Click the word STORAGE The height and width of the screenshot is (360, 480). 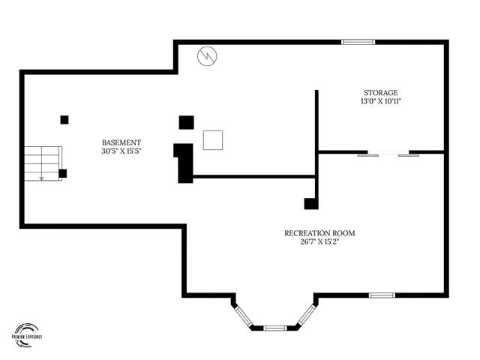point(381,92)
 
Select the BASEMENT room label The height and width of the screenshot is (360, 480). point(121,142)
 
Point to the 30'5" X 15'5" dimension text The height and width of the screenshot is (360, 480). point(121,151)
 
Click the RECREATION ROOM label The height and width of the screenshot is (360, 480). point(319,232)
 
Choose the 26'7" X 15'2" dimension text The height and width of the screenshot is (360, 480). point(319,241)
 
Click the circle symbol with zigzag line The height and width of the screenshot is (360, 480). point(207,55)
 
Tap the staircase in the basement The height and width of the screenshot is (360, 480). point(42,163)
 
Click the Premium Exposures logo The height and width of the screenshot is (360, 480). point(27,331)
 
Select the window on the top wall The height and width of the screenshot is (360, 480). point(358,42)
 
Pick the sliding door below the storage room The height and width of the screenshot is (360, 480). point(388,154)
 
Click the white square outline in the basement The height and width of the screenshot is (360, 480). point(213,140)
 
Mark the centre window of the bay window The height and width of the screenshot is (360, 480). point(275,328)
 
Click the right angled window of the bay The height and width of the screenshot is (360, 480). point(305,315)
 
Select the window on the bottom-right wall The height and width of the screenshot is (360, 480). point(381,295)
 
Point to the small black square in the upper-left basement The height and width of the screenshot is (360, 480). point(64,118)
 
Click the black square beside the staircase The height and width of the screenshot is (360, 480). point(62,173)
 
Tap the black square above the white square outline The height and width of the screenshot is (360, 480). point(186,121)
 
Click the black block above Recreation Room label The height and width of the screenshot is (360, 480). point(310,203)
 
